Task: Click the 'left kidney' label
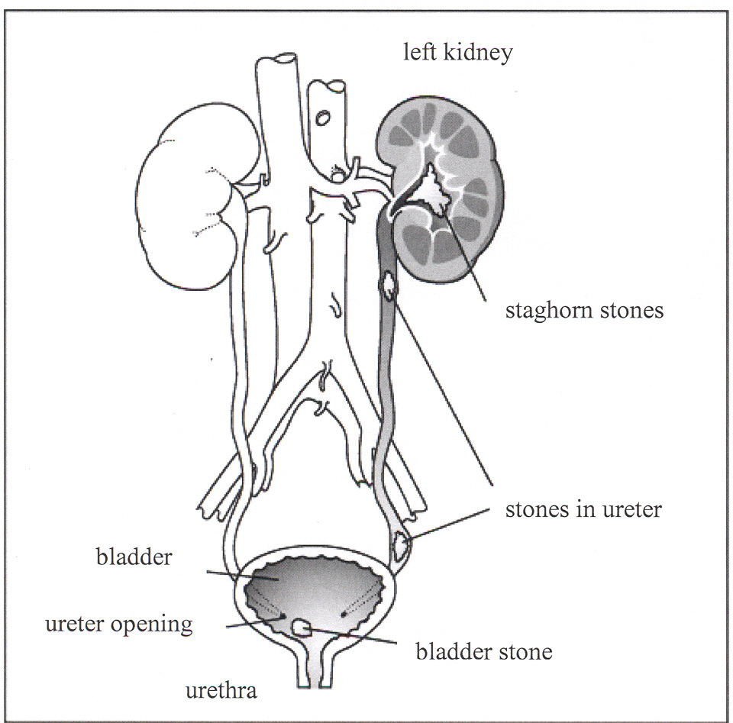(458, 54)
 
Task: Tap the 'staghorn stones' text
(584, 311)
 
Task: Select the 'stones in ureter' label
(583, 509)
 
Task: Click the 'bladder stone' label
(483, 652)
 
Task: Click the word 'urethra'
(222, 692)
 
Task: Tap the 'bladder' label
(134, 557)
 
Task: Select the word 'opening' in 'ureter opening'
(160, 625)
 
